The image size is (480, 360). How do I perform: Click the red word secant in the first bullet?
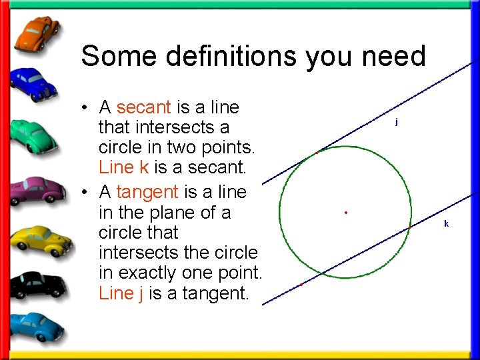(x=144, y=107)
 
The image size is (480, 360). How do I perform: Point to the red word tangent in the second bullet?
(x=147, y=192)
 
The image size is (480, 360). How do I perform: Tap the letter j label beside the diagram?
(x=397, y=122)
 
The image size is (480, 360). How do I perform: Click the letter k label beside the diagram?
(x=446, y=223)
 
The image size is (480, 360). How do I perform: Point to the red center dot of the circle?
(x=347, y=213)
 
